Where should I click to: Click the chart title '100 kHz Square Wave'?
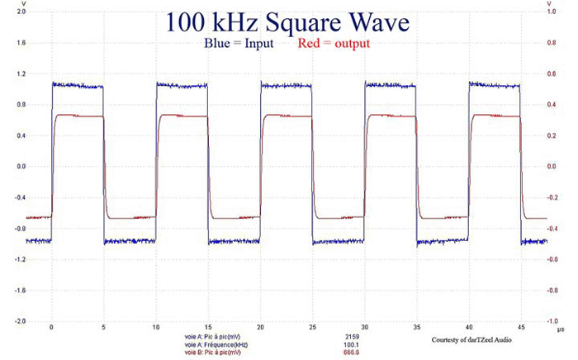click(287, 23)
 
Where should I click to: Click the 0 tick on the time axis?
click(51, 329)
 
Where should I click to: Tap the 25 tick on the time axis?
click(312, 329)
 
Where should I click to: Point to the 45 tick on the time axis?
click(521, 329)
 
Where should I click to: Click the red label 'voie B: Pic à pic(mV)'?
click(216, 352)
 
